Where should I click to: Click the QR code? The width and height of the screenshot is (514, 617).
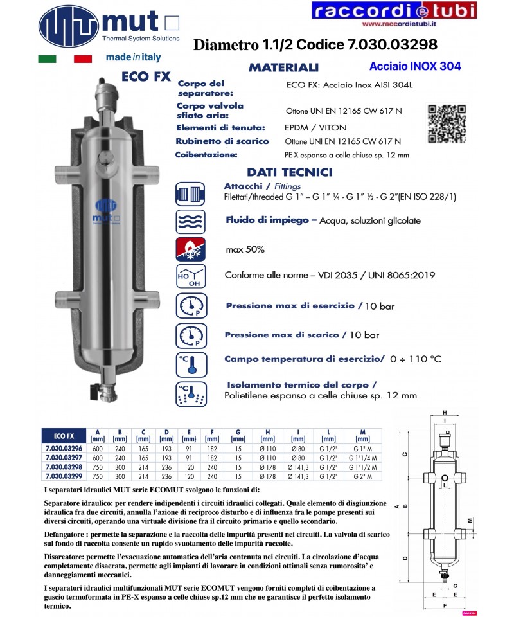(447, 123)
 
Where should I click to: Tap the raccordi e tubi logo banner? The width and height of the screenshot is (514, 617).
(394, 11)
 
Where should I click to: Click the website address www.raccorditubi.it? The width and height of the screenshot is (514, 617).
(394, 26)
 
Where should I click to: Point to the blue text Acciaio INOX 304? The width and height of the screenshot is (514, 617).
(415, 66)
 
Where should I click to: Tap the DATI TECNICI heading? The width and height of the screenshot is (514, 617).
(289, 172)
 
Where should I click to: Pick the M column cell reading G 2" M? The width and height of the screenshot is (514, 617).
(362, 476)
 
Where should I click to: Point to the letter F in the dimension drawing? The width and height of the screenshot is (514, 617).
(445, 605)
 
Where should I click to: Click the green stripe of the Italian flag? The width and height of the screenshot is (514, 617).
(47, 59)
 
